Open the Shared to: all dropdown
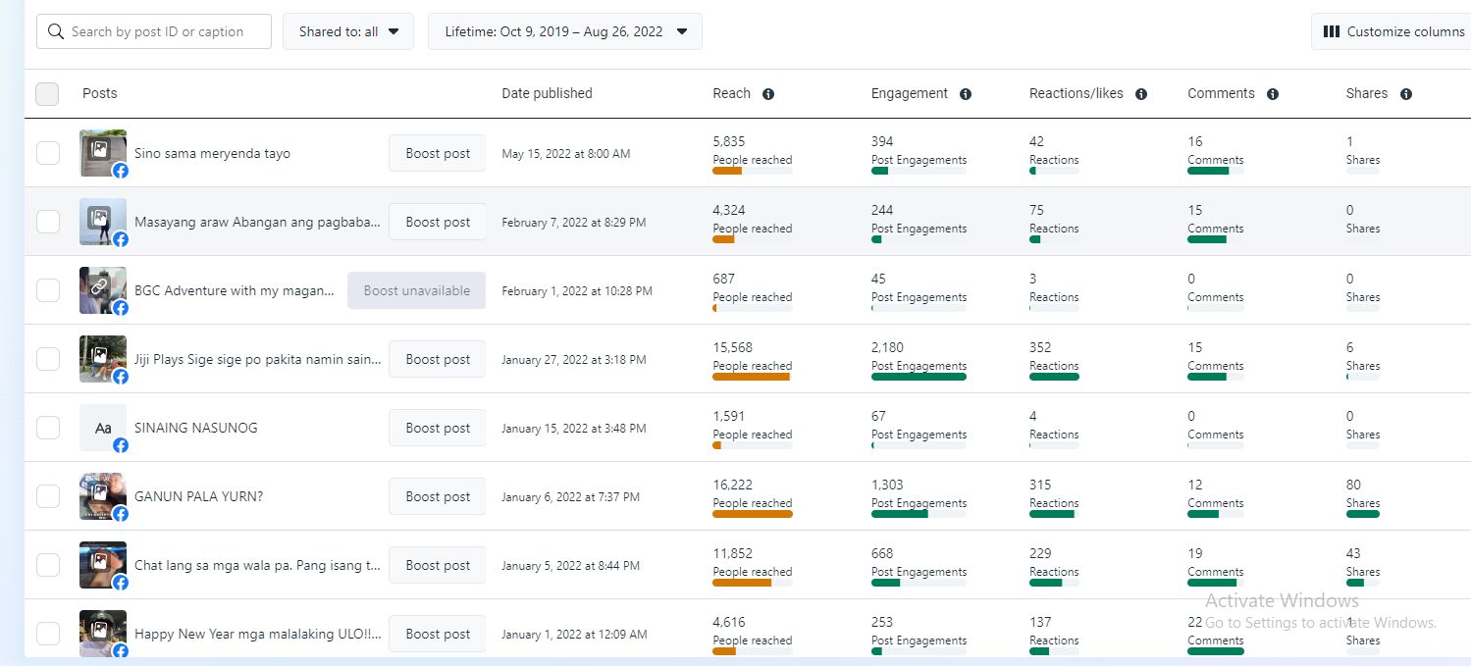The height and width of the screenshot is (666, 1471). tap(348, 31)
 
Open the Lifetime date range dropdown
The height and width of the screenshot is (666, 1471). tap(564, 31)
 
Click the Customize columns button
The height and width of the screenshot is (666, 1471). tap(1393, 31)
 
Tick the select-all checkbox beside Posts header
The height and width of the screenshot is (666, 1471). tap(47, 94)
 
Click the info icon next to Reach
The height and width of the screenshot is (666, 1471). tap(768, 94)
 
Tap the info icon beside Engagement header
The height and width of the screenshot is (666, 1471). tap(966, 94)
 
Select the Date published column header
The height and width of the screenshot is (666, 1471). tap(547, 94)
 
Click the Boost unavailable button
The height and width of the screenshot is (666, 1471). tap(416, 290)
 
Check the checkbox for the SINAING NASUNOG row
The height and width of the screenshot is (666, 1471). tap(48, 428)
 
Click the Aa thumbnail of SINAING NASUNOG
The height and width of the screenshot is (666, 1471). tap(103, 428)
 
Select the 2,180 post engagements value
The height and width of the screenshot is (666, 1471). tap(887, 347)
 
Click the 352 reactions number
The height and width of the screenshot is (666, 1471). tap(1040, 347)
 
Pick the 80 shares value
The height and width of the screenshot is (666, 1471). tap(1354, 485)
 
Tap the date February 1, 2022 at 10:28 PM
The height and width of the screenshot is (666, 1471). tap(576, 291)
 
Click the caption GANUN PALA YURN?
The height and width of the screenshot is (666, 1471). tap(198, 496)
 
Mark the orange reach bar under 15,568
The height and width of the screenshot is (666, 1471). tap(751, 377)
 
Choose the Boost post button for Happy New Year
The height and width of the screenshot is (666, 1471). tap(438, 634)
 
